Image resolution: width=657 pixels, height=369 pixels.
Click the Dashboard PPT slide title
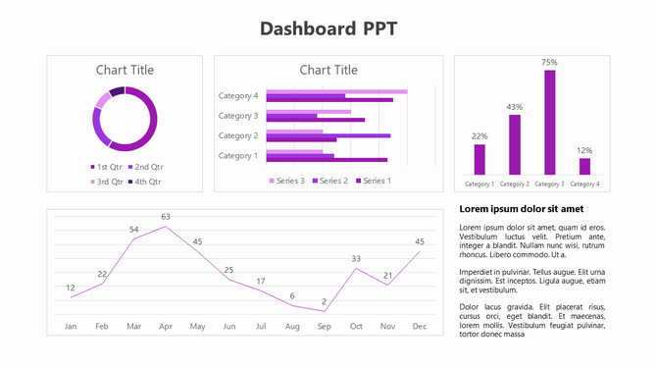[x=328, y=27]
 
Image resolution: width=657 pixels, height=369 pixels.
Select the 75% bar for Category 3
[x=549, y=122]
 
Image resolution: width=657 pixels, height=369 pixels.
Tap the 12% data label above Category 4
[x=584, y=150]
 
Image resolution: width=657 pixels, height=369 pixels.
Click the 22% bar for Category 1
[x=480, y=159]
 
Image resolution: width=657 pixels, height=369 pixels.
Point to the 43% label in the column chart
[x=514, y=106]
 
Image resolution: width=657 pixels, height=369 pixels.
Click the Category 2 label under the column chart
[x=514, y=184]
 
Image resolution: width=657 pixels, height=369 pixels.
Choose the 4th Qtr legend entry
[x=143, y=181]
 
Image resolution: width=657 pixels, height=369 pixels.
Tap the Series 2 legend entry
[x=328, y=181]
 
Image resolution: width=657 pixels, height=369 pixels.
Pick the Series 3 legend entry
[x=286, y=181]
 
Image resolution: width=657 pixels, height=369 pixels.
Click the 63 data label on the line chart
[x=166, y=217]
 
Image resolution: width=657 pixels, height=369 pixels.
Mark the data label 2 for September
[x=324, y=302]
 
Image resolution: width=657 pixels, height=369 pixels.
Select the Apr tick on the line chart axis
[x=166, y=326]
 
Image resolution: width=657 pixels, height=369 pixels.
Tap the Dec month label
[x=420, y=326]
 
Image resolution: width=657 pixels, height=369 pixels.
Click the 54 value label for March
[x=134, y=230]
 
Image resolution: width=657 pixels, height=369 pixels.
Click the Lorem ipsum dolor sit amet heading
[x=522, y=209]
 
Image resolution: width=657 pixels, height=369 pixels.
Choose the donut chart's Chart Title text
[x=125, y=70]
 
